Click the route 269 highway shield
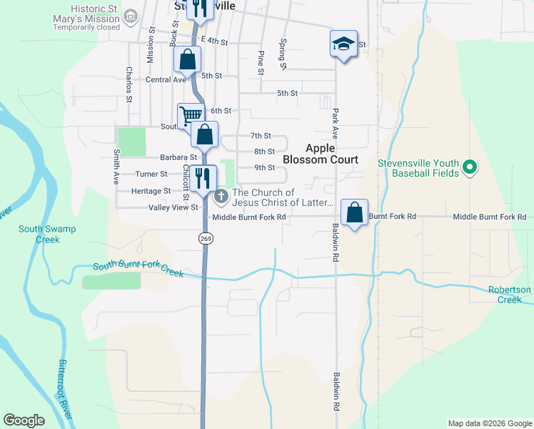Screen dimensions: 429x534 205,238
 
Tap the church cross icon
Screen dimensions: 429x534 221,194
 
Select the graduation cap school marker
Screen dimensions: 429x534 343,44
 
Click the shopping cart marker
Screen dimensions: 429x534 190,115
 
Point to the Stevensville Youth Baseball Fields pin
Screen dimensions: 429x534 469,168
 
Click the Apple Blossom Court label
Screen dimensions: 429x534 331,154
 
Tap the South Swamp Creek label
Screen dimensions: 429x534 47,234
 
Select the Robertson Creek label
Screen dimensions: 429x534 509,295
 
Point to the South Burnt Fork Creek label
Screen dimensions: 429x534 138,270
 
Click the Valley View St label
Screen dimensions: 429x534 173,207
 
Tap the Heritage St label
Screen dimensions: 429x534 151,191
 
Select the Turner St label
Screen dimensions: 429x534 151,174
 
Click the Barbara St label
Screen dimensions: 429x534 178,157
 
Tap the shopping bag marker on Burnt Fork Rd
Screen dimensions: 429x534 355,212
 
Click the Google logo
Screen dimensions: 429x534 24,420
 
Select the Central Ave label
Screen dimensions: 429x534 166,79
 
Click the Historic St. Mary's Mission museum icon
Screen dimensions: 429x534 131,16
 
